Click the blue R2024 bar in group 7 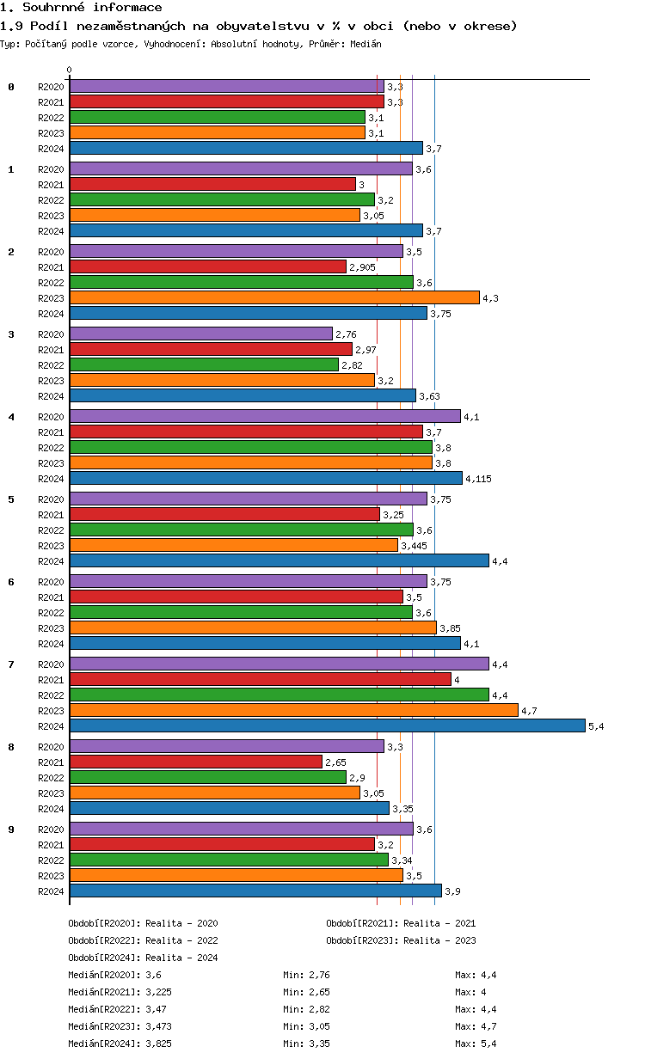click(327, 725)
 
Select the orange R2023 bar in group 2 click(273, 297)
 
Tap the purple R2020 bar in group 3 click(200, 334)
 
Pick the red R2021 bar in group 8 click(195, 762)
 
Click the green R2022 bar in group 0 click(217, 117)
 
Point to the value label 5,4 click(596, 726)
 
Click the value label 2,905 click(363, 267)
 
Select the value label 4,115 click(478, 479)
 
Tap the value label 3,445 click(415, 546)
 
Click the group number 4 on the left click(11, 417)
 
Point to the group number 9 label click(11, 829)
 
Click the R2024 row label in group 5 click(51, 561)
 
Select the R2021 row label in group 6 click(51, 597)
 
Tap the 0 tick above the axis click(70, 70)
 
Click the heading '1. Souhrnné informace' click(81, 8)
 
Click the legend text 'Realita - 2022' click(181, 940)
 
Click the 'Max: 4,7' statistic click(476, 1026)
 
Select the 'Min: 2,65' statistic click(306, 992)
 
